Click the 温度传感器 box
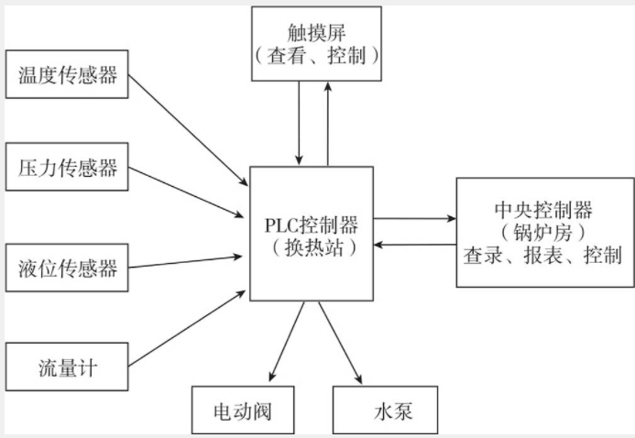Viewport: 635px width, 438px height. point(68,75)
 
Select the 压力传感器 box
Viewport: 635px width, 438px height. point(68,170)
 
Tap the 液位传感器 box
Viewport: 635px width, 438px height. point(68,268)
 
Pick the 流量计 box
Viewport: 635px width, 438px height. point(68,369)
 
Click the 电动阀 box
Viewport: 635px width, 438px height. point(242,410)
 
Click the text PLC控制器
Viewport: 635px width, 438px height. point(311,224)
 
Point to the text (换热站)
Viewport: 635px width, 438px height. point(311,246)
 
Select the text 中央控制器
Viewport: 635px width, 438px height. point(544,210)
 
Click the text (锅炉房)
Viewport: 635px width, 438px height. point(544,232)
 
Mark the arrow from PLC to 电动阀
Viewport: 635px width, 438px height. point(286,339)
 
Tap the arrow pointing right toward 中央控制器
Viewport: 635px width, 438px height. point(414,220)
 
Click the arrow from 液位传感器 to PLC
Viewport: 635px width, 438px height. point(188,263)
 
